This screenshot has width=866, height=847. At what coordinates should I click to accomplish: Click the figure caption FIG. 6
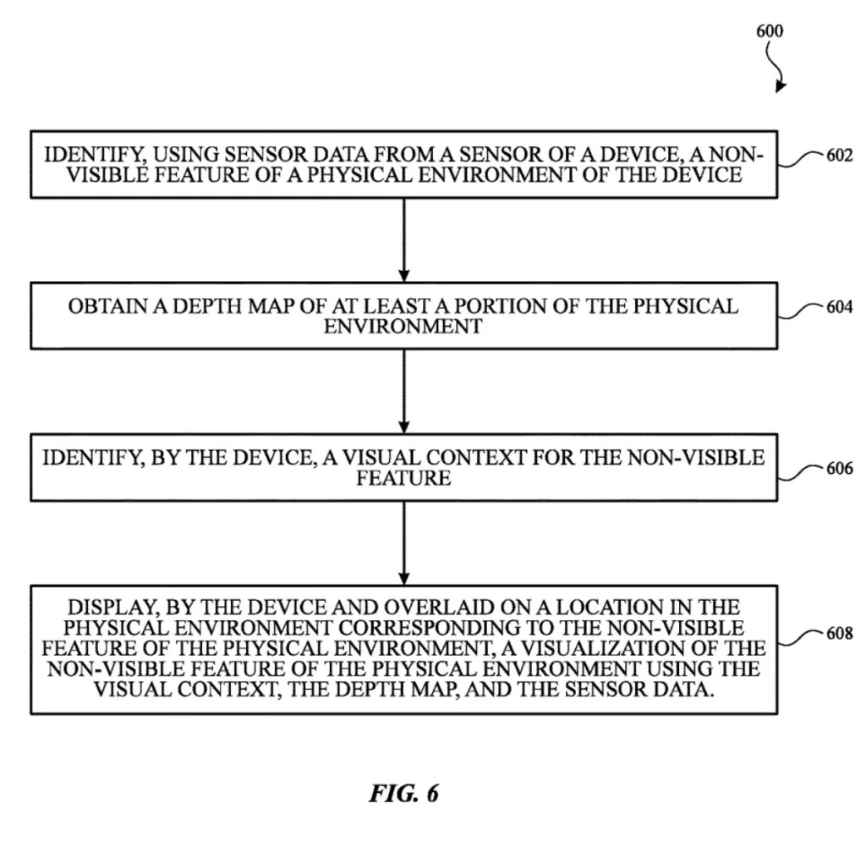pos(403,793)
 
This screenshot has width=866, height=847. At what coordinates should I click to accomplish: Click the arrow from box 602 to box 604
pos(403,240)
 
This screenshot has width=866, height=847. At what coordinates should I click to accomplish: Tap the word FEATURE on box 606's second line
pos(403,478)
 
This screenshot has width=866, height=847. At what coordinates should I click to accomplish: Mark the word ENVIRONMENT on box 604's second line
pos(403,326)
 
